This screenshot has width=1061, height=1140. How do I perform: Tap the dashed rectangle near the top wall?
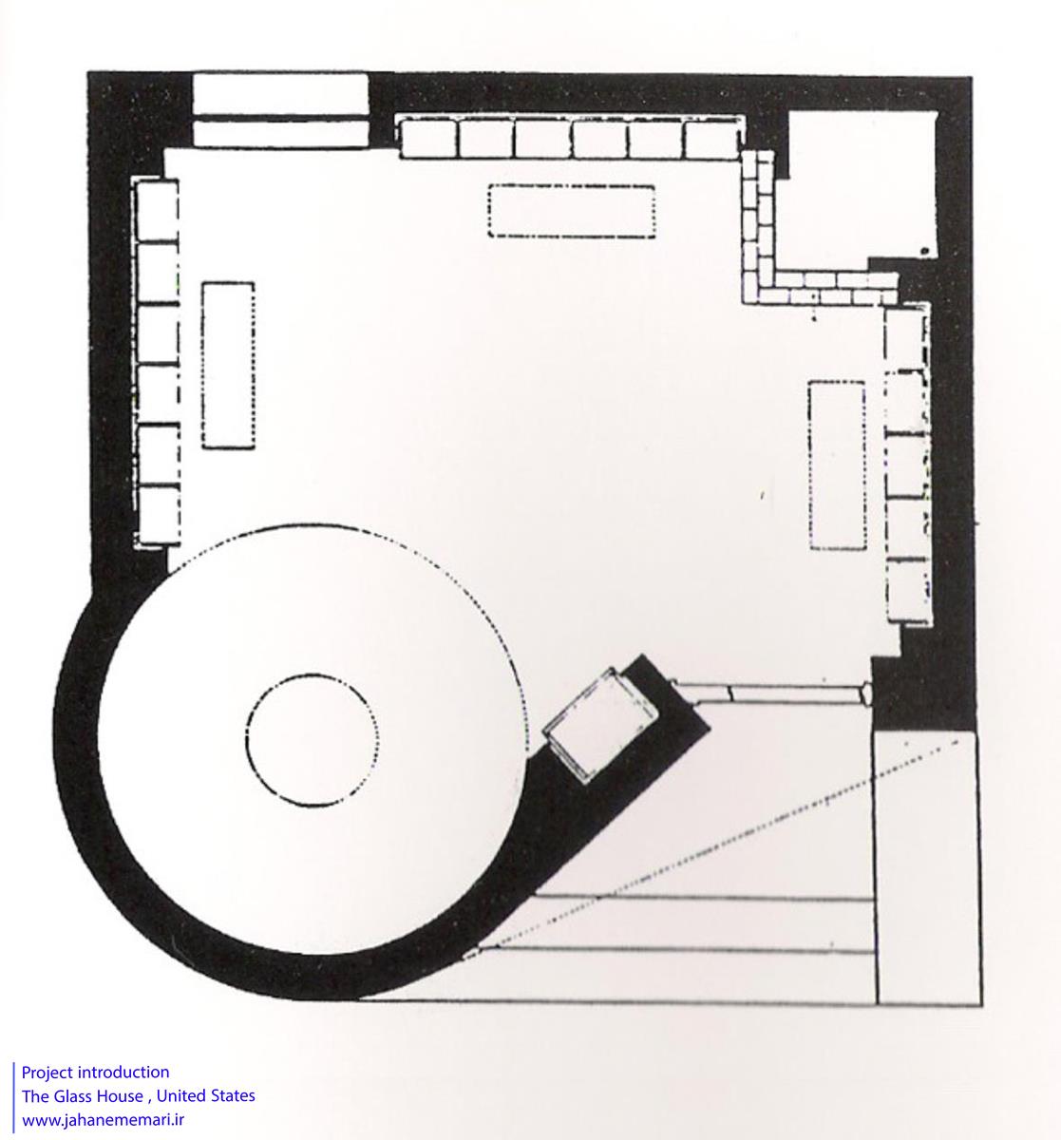[572, 185]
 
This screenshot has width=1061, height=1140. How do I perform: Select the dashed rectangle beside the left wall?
[202, 365]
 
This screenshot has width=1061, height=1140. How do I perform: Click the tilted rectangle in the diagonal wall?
[600, 725]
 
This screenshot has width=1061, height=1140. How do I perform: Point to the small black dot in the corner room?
[924, 251]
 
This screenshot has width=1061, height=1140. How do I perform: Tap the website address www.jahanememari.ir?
[104, 1120]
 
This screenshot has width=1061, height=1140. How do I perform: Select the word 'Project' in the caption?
[47, 1073]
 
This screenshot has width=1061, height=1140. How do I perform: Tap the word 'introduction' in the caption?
[123, 1073]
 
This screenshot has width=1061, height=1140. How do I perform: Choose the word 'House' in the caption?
[120, 1095]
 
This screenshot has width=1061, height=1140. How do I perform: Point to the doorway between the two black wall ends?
[771, 693]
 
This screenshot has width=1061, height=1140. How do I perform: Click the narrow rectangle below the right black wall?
[927, 868]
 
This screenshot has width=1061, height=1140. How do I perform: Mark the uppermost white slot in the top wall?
[280, 94]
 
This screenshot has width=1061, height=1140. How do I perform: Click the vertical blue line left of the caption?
[13, 1097]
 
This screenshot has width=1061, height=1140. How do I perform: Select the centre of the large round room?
[313, 740]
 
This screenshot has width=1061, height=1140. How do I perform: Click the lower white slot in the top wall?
[280, 134]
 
